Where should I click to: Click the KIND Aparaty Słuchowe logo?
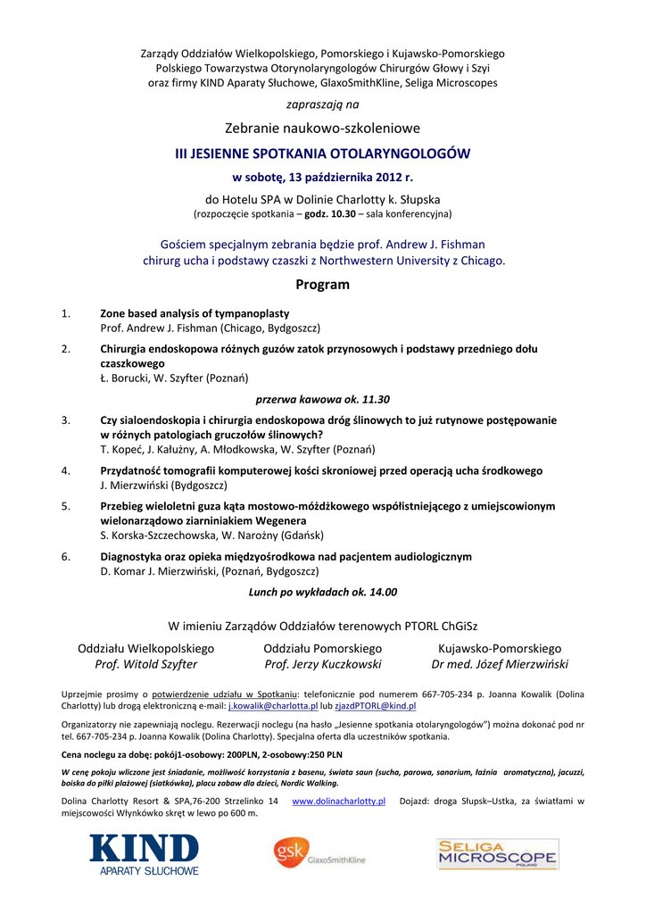[144, 854]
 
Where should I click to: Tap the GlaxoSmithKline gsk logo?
[319, 852]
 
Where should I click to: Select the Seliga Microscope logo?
[497, 854]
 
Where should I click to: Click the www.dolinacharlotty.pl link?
[339, 802]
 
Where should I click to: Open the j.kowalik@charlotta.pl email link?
[279, 705]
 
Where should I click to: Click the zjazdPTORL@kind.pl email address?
[375, 705]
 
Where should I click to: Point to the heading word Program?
[322, 285]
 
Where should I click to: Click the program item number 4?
[66, 470]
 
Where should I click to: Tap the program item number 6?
[66, 556]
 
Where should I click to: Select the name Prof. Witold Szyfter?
[146, 664]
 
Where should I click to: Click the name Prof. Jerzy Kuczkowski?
[323, 664]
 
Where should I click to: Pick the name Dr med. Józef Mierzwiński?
[500, 664]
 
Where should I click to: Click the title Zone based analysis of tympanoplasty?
[195, 313]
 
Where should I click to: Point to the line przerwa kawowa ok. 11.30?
[323, 399]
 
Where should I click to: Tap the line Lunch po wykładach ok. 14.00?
[323, 591]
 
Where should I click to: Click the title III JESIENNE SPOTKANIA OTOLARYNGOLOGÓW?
[323, 154]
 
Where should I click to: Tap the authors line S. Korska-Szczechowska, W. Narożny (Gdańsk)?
[211, 535]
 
